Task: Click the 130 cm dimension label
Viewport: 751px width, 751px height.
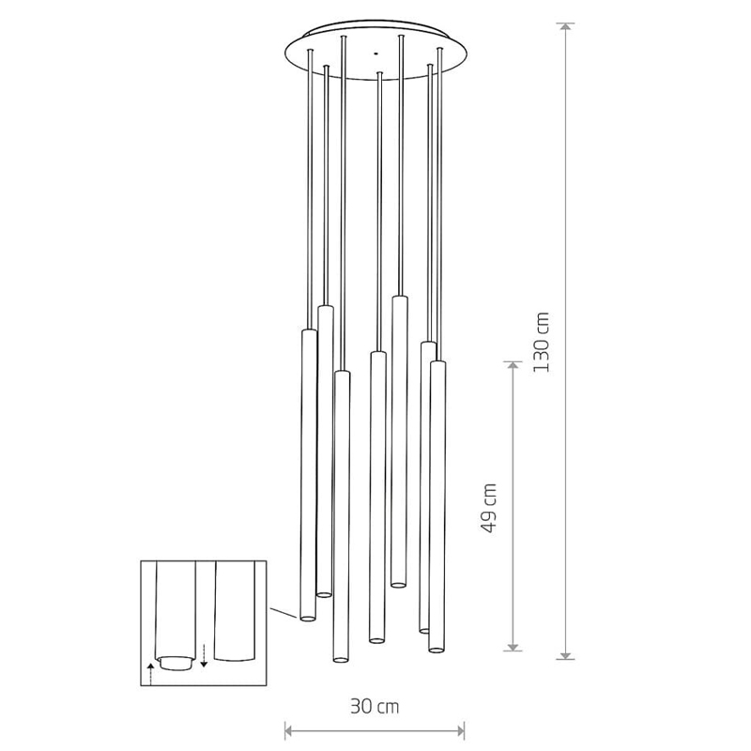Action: click(x=542, y=342)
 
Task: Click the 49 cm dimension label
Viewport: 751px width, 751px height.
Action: click(x=488, y=508)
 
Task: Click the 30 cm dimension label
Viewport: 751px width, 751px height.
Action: click(x=374, y=707)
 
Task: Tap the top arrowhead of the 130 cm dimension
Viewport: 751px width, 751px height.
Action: click(x=567, y=27)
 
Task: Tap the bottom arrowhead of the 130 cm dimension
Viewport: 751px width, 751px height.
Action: click(x=567, y=655)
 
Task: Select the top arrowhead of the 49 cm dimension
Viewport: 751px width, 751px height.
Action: click(x=513, y=366)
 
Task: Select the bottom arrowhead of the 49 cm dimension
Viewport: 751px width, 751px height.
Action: click(x=513, y=647)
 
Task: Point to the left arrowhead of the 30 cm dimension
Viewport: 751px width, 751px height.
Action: click(x=289, y=731)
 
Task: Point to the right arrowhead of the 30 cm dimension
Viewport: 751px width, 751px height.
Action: click(x=460, y=731)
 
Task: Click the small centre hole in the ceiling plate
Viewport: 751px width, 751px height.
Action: click(x=376, y=54)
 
